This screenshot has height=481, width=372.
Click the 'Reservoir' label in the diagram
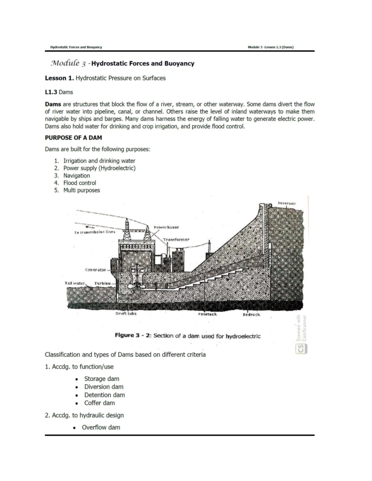(287, 203)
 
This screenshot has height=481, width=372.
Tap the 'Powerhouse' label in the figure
(166, 227)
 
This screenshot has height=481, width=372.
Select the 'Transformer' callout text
(176, 239)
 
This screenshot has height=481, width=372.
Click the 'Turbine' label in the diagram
(102, 283)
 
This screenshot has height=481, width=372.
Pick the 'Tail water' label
(75, 283)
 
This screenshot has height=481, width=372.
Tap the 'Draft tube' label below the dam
(126, 313)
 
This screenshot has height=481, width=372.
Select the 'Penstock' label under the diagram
(207, 314)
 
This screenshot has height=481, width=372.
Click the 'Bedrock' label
(251, 314)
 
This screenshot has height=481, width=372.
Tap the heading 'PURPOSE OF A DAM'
(73, 138)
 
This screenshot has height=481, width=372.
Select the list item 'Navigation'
(77, 176)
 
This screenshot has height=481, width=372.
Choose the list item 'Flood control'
(80, 183)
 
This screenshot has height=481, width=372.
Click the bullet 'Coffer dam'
(99, 403)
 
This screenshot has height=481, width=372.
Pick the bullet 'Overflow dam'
(101, 427)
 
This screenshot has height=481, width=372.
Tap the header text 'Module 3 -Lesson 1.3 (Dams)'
(271, 47)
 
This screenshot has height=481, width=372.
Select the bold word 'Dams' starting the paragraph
(53, 104)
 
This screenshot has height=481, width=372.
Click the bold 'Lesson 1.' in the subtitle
(60, 78)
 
